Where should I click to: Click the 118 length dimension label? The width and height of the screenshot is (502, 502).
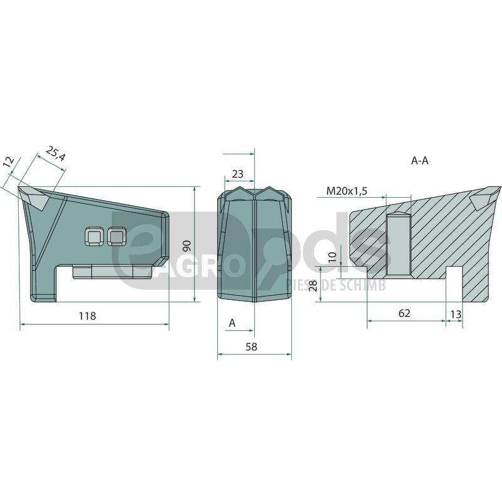87,316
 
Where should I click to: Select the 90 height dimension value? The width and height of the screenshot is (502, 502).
187,246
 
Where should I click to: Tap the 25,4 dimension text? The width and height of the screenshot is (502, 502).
56,154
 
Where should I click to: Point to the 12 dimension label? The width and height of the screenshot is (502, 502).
9,163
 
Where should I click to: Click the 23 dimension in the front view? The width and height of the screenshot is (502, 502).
238,174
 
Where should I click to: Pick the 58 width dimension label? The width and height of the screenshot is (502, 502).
252,347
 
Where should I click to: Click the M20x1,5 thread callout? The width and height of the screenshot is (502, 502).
347,191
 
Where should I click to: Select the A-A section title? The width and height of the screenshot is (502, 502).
419,161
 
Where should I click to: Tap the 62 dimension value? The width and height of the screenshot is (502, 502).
404,313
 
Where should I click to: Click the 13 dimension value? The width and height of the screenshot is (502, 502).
456,314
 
